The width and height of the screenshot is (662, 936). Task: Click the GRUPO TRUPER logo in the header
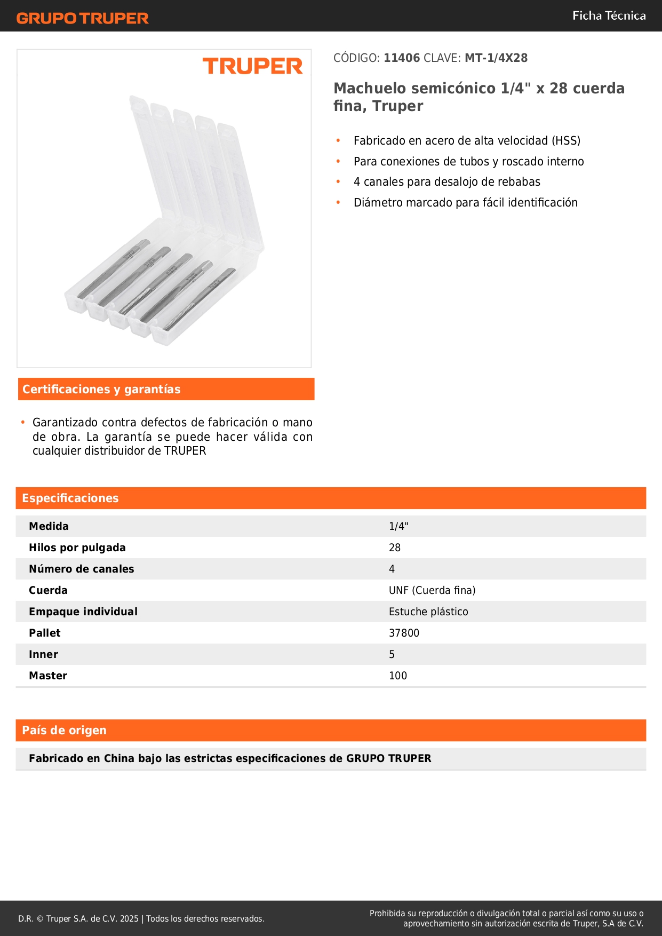(x=82, y=18)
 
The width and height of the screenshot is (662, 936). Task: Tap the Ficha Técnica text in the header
(x=609, y=16)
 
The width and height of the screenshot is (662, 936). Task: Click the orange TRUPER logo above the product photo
(x=252, y=66)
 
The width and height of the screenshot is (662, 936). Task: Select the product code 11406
(x=402, y=58)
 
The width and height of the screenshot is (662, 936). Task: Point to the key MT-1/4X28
(x=496, y=58)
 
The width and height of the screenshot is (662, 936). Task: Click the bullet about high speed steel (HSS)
(x=467, y=141)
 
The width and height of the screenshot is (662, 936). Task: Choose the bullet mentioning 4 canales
(x=446, y=182)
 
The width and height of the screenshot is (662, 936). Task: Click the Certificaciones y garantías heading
(x=101, y=390)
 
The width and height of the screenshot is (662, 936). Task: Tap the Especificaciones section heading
(x=70, y=498)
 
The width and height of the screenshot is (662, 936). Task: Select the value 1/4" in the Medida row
(x=398, y=527)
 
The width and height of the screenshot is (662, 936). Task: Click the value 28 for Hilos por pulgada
(x=395, y=548)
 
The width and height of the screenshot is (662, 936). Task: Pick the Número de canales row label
(x=82, y=569)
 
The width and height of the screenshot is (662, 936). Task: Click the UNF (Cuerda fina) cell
(x=432, y=591)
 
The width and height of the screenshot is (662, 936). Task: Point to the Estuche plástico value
(x=428, y=612)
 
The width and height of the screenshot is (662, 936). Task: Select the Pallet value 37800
(x=404, y=633)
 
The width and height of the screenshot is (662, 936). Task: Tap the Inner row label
(x=44, y=655)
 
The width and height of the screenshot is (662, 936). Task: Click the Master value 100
(x=398, y=676)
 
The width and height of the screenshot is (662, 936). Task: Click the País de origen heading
(x=64, y=731)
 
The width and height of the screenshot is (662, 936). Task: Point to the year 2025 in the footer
(x=129, y=919)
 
